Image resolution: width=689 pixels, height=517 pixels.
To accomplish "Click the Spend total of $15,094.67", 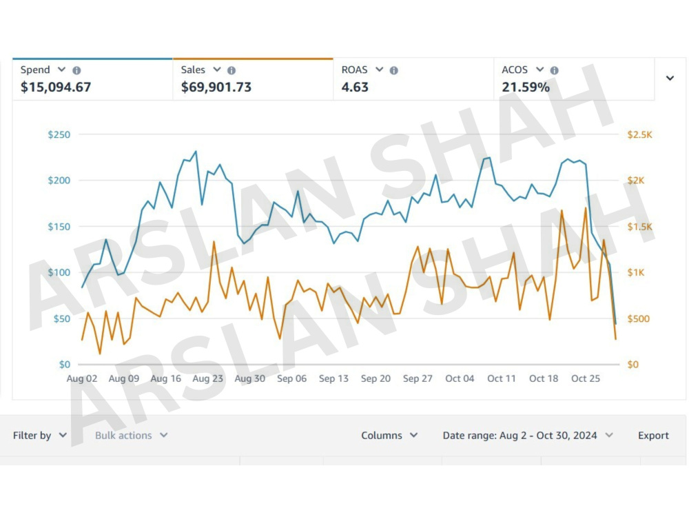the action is point(56,87).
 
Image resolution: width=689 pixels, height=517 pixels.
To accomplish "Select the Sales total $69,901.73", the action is point(216,87).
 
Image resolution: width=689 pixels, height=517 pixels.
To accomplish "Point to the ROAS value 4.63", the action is point(355,87).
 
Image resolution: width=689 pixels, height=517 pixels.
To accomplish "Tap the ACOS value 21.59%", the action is point(526,87).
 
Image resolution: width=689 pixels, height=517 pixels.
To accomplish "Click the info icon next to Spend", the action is point(76,70).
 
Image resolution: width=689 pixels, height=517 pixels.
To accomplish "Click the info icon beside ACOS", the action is point(555,70).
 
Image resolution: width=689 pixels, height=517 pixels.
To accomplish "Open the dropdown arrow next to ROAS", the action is point(379,70).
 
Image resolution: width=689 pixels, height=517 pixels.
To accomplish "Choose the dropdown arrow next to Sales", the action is point(216,70).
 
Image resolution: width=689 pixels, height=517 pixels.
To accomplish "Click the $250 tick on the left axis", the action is point(59,134).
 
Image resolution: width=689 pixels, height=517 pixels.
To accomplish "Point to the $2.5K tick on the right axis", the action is point(640,134).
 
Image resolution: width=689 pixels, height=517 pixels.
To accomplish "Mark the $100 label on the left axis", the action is point(59,272).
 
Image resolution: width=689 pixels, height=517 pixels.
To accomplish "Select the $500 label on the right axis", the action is point(639,318).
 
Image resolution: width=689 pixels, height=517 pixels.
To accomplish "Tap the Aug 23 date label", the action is point(208,378).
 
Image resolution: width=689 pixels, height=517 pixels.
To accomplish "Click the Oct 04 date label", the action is point(460,378).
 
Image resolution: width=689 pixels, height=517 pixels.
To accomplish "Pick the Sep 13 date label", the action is point(333,378).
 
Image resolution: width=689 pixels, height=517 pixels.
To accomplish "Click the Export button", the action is point(653,435).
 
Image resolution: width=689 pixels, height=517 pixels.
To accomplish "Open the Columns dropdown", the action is point(389,435).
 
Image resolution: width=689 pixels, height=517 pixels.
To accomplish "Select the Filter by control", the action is point(39,435).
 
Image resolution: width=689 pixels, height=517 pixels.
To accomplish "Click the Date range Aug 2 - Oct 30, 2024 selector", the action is point(527,435).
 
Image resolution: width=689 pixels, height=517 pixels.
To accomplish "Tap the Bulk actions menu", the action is point(131,435).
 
